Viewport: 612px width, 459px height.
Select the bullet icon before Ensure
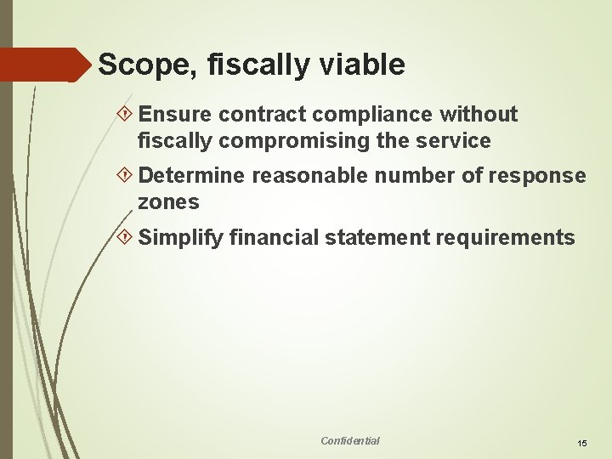tap(127, 115)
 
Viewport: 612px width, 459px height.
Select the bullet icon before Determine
tap(127, 176)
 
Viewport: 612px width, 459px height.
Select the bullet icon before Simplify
tap(127, 238)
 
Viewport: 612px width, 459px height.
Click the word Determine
tap(191, 176)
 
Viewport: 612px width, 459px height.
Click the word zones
tap(168, 202)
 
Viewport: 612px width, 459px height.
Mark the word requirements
tap(505, 238)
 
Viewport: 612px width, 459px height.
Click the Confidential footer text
tap(350, 440)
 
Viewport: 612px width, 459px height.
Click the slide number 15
tap(582, 444)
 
